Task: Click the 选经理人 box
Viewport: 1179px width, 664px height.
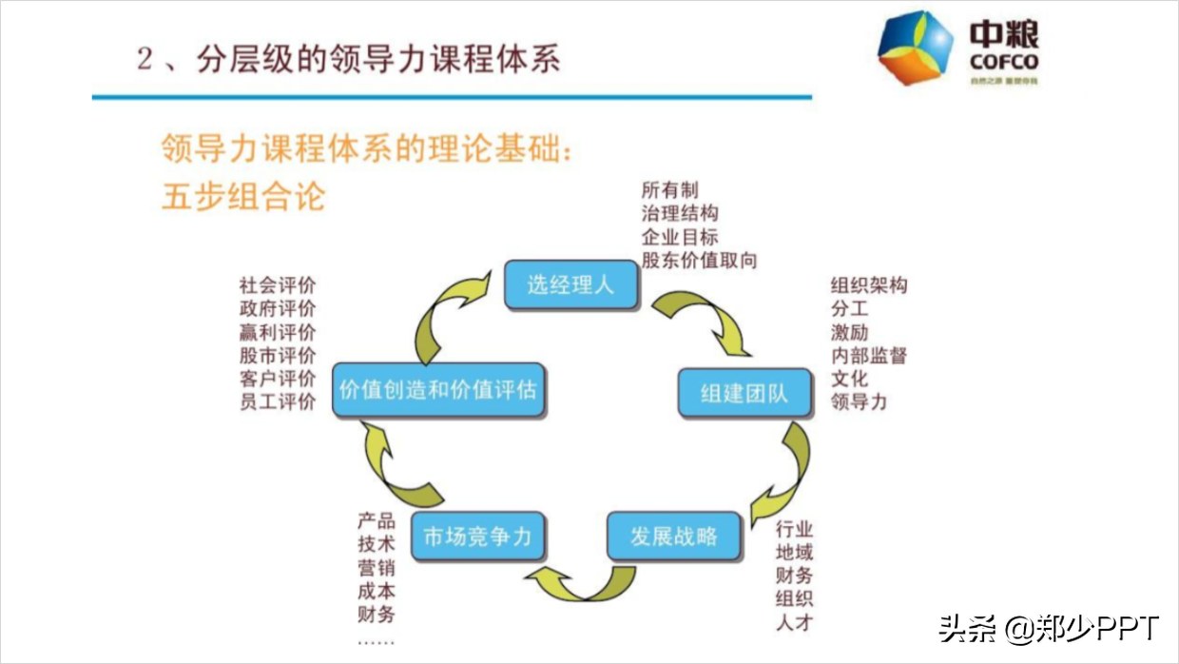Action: coord(570,284)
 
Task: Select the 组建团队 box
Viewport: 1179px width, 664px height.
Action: coord(744,393)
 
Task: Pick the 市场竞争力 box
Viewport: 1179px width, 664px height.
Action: coord(477,537)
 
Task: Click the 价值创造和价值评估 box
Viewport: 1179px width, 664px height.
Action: coord(437,390)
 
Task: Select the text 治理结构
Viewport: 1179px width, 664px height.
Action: coord(679,213)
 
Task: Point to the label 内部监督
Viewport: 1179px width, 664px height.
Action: coord(868,356)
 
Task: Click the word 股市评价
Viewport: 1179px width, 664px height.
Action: coord(278,356)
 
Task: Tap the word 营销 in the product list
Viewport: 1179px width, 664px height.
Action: coord(377,568)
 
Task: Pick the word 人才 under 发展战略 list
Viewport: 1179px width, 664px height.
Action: coord(794,623)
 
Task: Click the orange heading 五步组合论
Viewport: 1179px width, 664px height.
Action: coord(243,195)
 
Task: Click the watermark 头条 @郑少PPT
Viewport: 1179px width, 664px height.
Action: coord(1049,628)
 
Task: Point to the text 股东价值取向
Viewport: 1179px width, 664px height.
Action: coord(699,260)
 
